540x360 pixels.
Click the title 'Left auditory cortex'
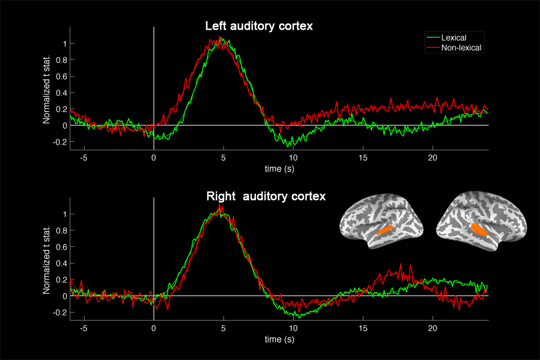[259, 27]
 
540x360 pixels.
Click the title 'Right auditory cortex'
[266, 197]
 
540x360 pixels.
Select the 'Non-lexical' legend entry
[462, 48]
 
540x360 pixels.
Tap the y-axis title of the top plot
[47, 92]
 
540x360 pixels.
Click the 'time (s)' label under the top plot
[280, 169]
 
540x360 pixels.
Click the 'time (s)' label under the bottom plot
[280, 339]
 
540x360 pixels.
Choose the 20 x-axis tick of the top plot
[433, 158]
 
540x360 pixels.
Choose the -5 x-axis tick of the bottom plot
[83, 329]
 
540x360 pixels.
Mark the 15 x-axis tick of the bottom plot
[363, 329]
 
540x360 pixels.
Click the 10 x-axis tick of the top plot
[293, 158]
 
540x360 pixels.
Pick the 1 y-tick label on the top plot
[65, 43]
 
